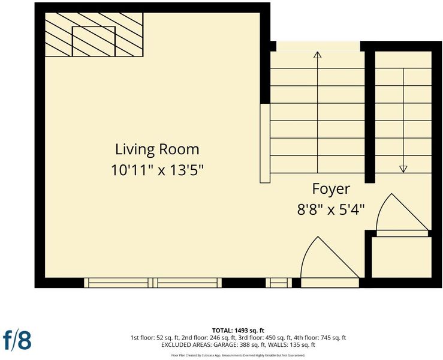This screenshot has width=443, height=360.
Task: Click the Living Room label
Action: (x=157, y=149)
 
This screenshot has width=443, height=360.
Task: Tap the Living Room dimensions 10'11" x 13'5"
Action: (x=158, y=170)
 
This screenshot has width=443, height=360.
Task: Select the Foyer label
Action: (x=331, y=189)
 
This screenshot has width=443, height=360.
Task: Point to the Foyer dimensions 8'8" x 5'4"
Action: (x=331, y=210)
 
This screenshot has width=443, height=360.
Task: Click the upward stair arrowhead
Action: (x=318, y=55)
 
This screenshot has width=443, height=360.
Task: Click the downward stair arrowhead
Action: (x=403, y=169)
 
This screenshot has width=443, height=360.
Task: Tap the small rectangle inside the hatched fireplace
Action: (x=94, y=41)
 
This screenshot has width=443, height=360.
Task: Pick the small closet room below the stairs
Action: (x=402, y=257)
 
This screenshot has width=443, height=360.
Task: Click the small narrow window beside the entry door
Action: (x=279, y=283)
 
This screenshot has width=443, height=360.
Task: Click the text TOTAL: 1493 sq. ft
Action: (x=238, y=331)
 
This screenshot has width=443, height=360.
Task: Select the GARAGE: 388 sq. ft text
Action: (x=236, y=345)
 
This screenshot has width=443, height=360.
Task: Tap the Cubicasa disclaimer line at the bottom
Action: (x=238, y=355)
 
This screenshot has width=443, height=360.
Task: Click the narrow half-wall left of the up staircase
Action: (x=265, y=143)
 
